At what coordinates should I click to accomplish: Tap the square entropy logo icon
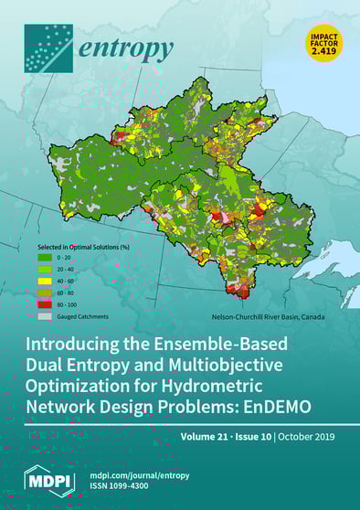tap(47, 48)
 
